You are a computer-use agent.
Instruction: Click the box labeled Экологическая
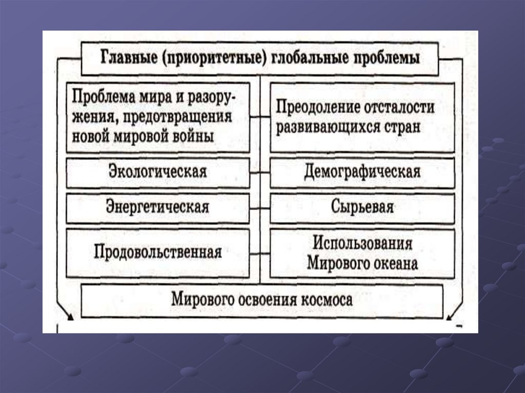tap(158, 171)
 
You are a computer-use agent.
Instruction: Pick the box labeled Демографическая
tap(362, 171)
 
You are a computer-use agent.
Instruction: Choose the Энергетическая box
tap(158, 208)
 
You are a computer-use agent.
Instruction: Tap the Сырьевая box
tap(362, 208)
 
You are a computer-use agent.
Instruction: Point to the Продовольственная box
tap(158, 253)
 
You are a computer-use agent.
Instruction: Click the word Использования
tap(362, 242)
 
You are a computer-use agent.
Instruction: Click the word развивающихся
tap(325, 127)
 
